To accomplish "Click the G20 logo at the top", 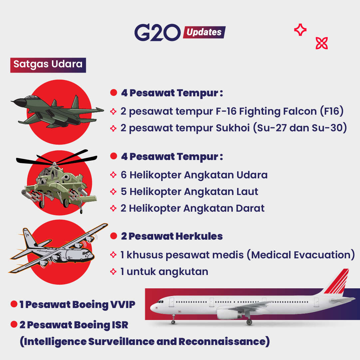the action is tap(158, 32).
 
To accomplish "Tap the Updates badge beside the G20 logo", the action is tap(204, 32).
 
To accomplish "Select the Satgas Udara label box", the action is tap(48, 65).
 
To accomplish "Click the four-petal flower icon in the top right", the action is tap(321, 43).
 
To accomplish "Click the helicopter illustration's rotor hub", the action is tap(54, 164).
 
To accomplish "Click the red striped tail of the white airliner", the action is tap(337, 282).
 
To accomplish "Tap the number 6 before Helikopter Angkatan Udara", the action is tap(124, 175).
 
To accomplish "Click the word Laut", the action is tap(247, 192).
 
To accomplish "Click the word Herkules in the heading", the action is tap(199, 236).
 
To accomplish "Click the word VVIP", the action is tap(123, 304).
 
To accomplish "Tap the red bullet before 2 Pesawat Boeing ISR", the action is tap(14, 324).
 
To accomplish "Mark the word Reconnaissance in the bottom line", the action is tap(222, 341).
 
